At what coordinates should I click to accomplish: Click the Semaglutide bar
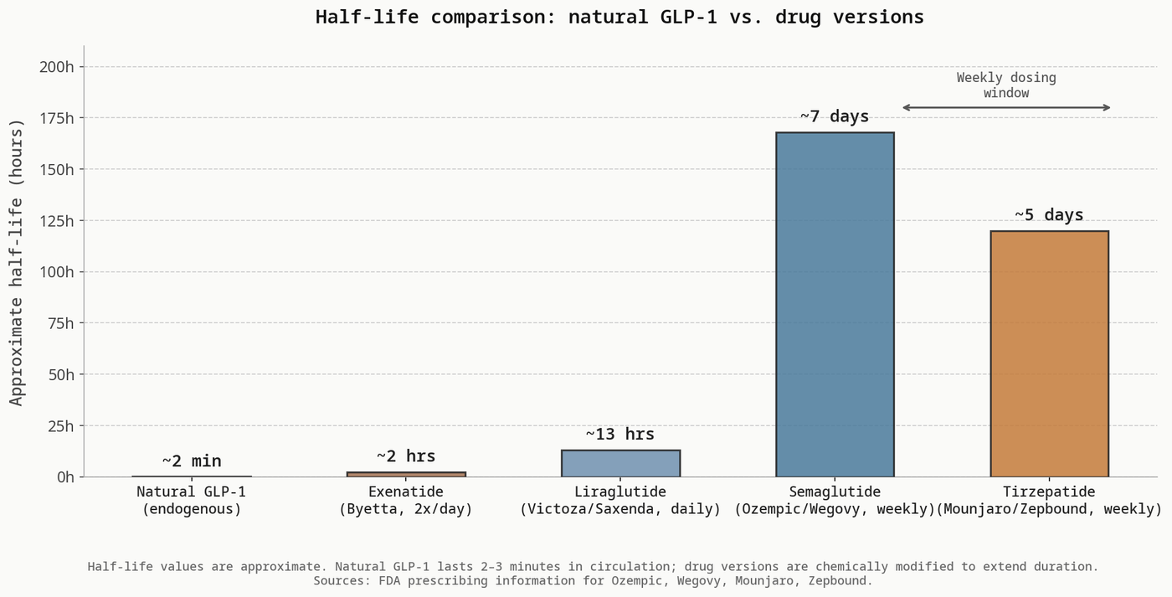pyautogui.click(x=835, y=305)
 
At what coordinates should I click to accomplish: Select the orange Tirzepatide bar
pyautogui.click(x=1049, y=353)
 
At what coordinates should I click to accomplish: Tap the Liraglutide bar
pyautogui.click(x=620, y=463)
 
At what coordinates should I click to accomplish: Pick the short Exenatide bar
pyautogui.click(x=406, y=474)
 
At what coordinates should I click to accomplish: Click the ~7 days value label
pyautogui.click(x=835, y=116)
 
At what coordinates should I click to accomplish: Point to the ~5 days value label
pyautogui.click(x=1049, y=215)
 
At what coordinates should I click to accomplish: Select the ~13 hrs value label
pyautogui.click(x=620, y=435)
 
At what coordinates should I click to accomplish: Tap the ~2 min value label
pyautogui.click(x=192, y=461)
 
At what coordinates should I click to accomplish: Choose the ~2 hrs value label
pyautogui.click(x=406, y=456)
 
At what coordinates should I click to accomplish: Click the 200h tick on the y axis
pyautogui.click(x=57, y=67)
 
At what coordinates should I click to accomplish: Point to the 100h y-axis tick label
pyautogui.click(x=57, y=272)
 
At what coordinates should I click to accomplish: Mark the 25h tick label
pyautogui.click(x=60, y=426)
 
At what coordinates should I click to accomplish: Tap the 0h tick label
pyautogui.click(x=64, y=477)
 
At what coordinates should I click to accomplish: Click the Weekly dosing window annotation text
pyautogui.click(x=1006, y=85)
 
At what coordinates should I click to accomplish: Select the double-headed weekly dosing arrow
pyautogui.click(x=1006, y=108)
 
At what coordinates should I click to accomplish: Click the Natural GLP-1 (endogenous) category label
pyautogui.click(x=192, y=501)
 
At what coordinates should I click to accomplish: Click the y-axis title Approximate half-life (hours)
pyautogui.click(x=18, y=261)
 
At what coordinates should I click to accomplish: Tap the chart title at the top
pyautogui.click(x=619, y=17)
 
